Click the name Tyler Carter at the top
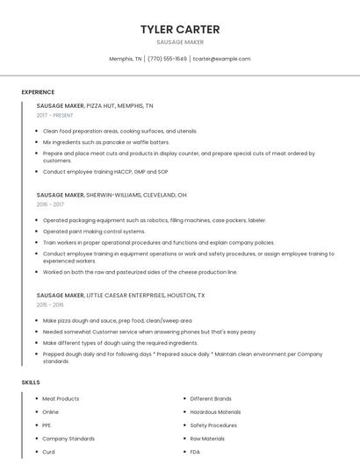tap(180, 29)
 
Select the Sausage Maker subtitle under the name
tap(180, 42)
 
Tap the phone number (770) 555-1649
tap(167, 59)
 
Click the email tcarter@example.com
tap(221, 59)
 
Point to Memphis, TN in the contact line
tap(126, 59)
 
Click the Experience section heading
tap(38, 92)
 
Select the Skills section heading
tap(31, 383)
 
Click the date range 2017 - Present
tap(55, 115)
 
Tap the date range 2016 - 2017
tap(51, 204)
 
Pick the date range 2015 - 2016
tap(51, 305)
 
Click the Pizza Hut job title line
tap(95, 105)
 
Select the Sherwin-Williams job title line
tap(112, 195)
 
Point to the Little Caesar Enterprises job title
tap(120, 296)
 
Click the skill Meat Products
tap(61, 398)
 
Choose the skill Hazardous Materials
tap(215, 411)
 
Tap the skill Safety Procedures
tap(213, 425)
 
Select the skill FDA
tap(196, 452)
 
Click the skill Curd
tap(48, 452)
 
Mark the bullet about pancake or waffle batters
tap(106, 141)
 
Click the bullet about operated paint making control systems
tap(94, 231)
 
